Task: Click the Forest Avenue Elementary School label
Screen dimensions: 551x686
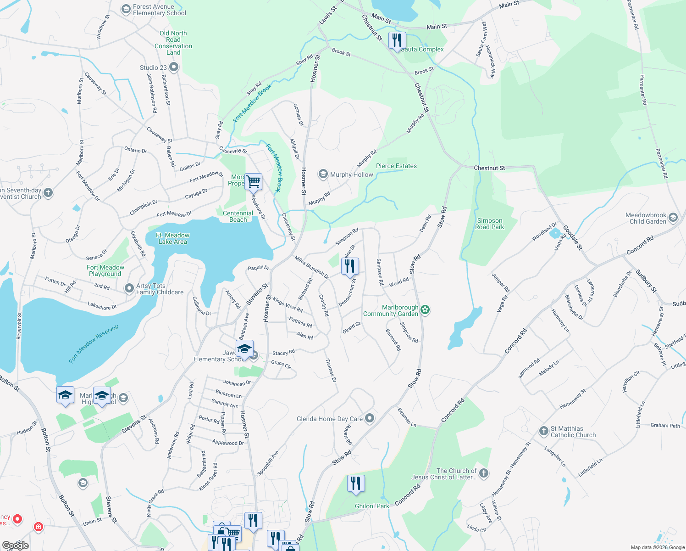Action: (159, 10)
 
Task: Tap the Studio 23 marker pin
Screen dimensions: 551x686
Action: (173, 67)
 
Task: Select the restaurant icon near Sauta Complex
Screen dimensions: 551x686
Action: (397, 40)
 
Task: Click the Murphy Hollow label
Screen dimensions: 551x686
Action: (351, 174)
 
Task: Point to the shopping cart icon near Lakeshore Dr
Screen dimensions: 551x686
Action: (253, 182)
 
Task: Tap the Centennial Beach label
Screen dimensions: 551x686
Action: (238, 216)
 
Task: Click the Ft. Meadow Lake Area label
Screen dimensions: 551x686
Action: (173, 238)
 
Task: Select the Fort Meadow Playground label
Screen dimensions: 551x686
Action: (105, 270)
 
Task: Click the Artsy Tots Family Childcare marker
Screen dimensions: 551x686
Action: (129, 289)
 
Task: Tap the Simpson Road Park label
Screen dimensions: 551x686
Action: (489, 224)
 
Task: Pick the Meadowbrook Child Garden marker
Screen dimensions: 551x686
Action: (673, 218)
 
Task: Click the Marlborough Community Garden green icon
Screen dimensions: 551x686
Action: (426, 310)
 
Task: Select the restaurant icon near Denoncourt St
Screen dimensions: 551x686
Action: (350, 266)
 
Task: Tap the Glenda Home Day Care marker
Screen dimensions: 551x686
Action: (370, 418)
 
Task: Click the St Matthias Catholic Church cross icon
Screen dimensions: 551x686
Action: (543, 431)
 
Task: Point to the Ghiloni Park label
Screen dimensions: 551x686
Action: (372, 506)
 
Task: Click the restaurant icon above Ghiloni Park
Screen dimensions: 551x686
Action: (356, 484)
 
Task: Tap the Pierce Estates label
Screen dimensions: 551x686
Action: (396, 166)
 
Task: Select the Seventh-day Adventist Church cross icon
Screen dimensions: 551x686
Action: (48, 193)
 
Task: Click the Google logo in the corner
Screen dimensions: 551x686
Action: (15, 545)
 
